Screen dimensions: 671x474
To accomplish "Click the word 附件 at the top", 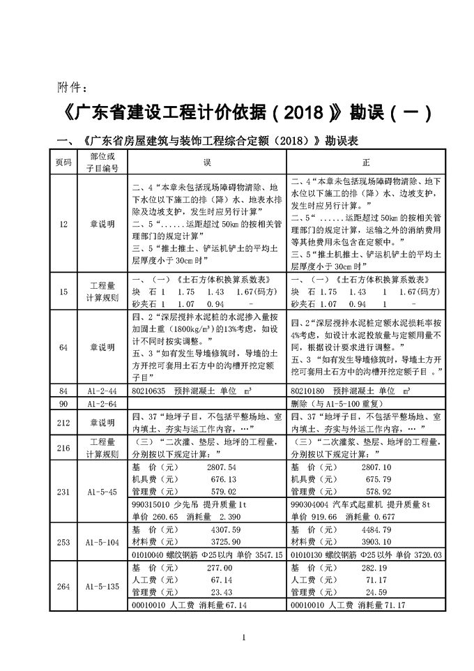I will [x=68, y=89].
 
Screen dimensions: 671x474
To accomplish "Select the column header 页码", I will [x=63, y=162].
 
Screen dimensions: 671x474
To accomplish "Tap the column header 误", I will [x=207, y=162].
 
